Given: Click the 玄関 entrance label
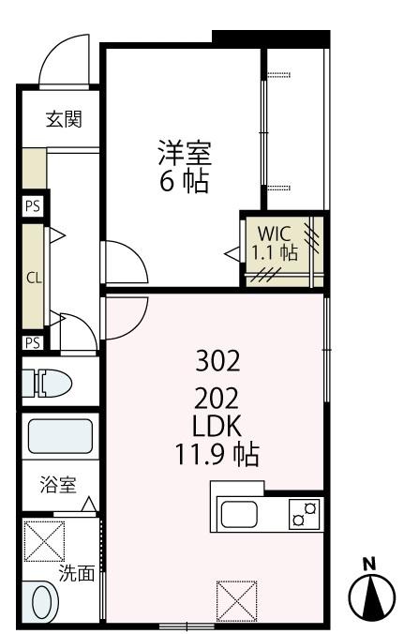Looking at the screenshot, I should [x=63, y=119].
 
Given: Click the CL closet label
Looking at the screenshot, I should [x=33, y=279].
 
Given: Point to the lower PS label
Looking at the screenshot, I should [x=33, y=342].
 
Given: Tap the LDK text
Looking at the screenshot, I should [x=218, y=427].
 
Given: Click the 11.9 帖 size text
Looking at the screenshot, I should [x=218, y=457].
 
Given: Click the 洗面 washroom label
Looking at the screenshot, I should [x=77, y=574].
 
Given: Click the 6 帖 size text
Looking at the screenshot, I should [x=184, y=181].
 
